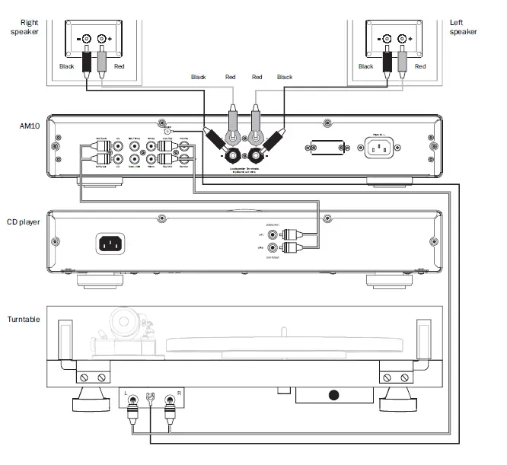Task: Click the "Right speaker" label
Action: pos(23,27)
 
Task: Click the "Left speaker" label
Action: pos(463,27)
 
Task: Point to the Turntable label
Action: pos(24,319)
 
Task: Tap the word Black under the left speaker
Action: pos(366,67)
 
